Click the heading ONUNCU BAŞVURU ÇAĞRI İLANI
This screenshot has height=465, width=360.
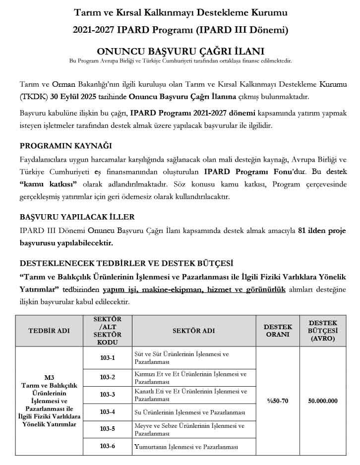point(180,51)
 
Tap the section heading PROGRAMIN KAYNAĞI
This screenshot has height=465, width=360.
point(65,146)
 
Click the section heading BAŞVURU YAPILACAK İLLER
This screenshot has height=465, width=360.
point(77,217)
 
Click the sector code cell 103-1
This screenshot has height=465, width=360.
point(107,358)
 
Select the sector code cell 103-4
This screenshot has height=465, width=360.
point(107,411)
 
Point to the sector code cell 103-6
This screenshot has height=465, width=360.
point(107,446)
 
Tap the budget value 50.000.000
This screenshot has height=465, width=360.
point(322,401)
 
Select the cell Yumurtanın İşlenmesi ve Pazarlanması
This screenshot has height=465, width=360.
point(186,446)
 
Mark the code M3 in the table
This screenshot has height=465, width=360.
point(49,377)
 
